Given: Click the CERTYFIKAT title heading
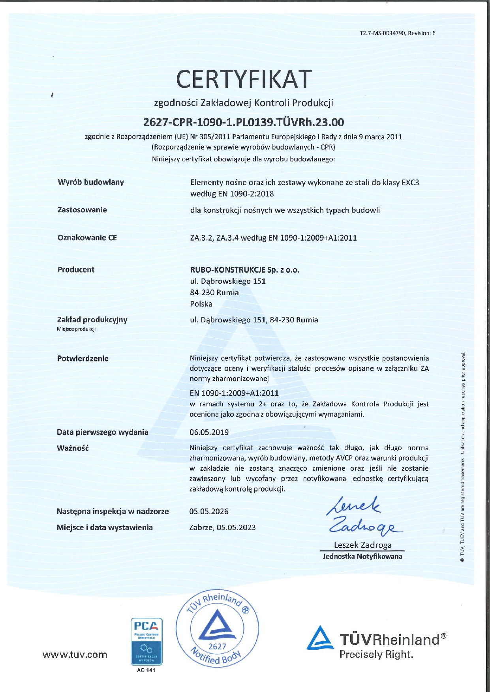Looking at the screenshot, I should [x=244, y=79].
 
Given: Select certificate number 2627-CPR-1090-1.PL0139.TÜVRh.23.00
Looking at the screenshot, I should [x=244, y=122].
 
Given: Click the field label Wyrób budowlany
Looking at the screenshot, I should [x=91, y=182].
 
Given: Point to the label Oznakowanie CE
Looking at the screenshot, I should [x=87, y=238].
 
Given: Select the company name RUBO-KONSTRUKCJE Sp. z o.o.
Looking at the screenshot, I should [x=245, y=270].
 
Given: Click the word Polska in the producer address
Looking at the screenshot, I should [x=201, y=304].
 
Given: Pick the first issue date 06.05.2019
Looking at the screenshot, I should [x=209, y=432].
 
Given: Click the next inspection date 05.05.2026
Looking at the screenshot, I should [x=209, y=511].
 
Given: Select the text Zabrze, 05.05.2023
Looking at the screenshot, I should [x=222, y=527].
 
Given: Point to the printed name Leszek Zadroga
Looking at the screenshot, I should [x=362, y=545].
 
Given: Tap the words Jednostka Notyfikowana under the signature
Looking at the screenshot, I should [x=362, y=557].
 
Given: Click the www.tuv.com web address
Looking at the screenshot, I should [x=75, y=655].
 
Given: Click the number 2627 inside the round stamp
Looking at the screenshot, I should [x=217, y=646].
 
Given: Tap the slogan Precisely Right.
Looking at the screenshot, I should [x=376, y=654].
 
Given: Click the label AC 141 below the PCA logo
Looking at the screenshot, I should [x=146, y=670].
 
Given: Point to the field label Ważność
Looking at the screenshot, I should [x=73, y=448].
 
